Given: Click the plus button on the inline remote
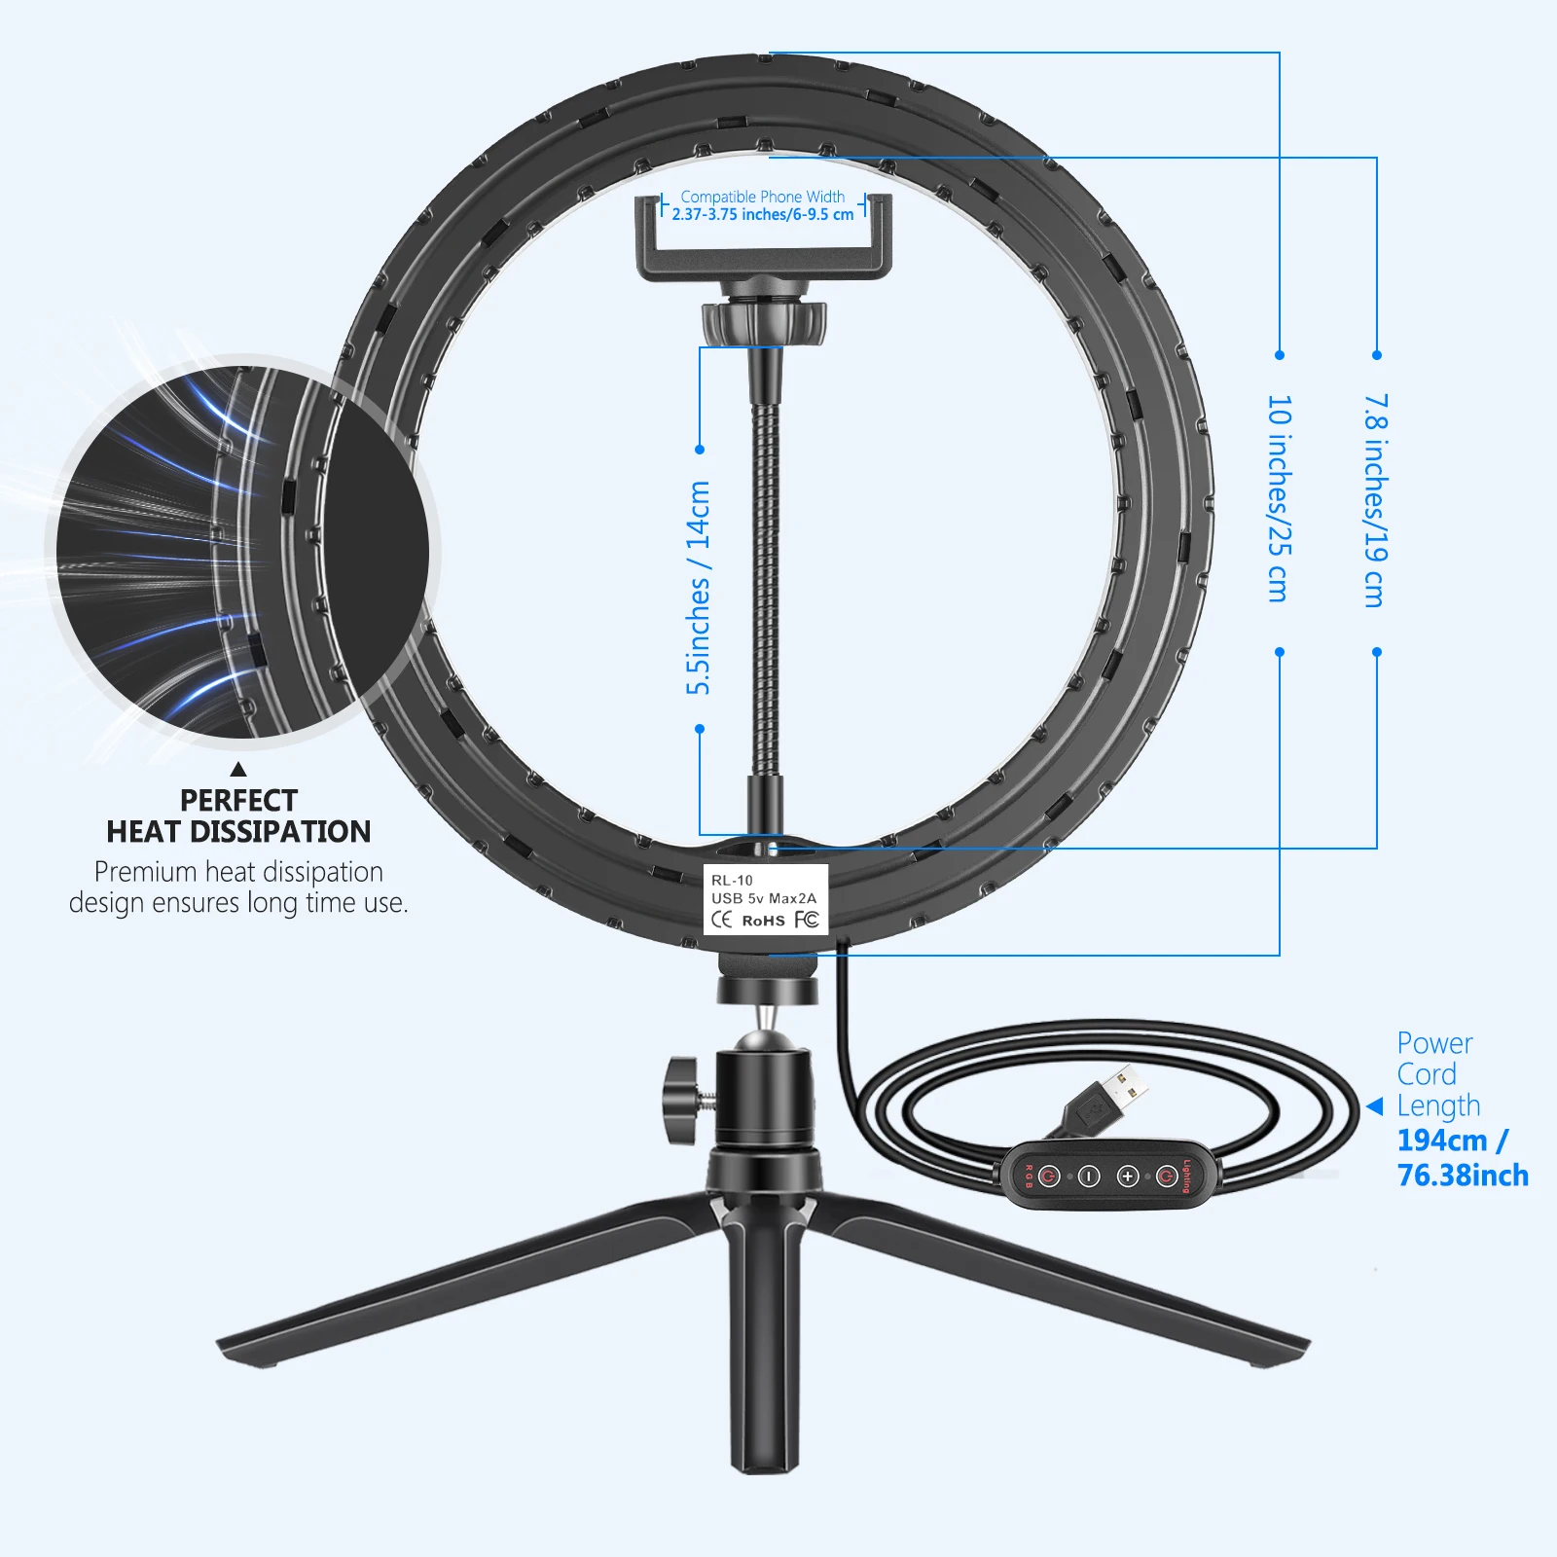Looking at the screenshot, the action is pyautogui.click(x=1128, y=1177).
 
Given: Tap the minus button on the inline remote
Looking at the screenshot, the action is pyautogui.click(x=1088, y=1177).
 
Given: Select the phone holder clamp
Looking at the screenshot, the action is pyautogui.click(x=764, y=238).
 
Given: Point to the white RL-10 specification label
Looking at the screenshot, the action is pyautogui.click(x=766, y=899).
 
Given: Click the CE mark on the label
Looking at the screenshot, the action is pyautogui.click(x=722, y=920).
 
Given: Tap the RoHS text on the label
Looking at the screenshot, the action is pyautogui.click(x=764, y=921).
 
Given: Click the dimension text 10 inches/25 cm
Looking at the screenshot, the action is pyautogui.click(x=1280, y=498).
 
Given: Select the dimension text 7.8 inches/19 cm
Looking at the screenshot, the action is pyautogui.click(x=1375, y=501).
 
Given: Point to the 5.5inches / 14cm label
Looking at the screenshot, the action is pyautogui.click(x=699, y=588).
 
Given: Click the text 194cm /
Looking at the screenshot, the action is pyautogui.click(x=1453, y=1140).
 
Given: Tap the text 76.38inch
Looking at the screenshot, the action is pyautogui.click(x=1463, y=1176).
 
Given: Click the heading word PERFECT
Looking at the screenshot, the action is pyautogui.click(x=238, y=800).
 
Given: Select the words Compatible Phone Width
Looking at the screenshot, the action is pyautogui.click(x=763, y=197).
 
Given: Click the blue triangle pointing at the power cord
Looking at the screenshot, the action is pyautogui.click(x=1375, y=1106).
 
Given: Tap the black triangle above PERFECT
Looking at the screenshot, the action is pyautogui.click(x=238, y=769).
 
